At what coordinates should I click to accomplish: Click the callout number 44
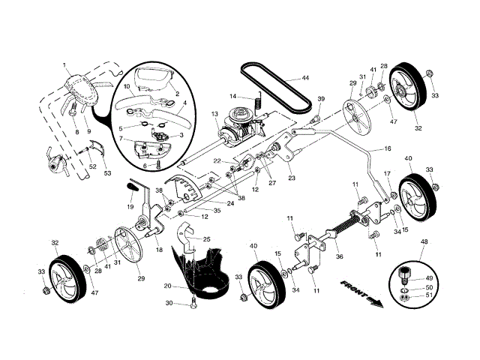[306, 78]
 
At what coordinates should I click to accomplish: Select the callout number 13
[214, 114]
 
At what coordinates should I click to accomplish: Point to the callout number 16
[388, 149]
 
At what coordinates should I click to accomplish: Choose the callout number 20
[167, 286]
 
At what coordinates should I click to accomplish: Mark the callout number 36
[339, 256]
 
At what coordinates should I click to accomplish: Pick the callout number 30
[169, 303]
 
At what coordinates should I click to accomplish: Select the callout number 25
[206, 239]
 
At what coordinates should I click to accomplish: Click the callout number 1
[65, 65]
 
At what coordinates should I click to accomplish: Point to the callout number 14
[233, 96]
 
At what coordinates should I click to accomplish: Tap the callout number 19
[130, 205]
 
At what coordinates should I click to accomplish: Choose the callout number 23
[291, 178]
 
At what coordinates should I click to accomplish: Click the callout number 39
[321, 99]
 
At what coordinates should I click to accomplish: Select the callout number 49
[429, 278]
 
